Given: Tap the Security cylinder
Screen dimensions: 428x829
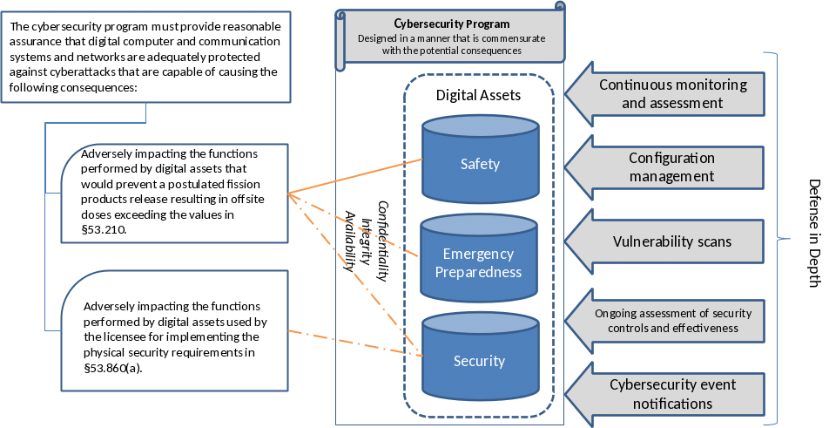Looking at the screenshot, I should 479,361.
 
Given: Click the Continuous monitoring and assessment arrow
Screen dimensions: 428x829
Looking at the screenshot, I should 667,94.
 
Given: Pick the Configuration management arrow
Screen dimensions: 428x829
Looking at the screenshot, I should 667,167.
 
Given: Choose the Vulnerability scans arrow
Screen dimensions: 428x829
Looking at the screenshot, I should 667,241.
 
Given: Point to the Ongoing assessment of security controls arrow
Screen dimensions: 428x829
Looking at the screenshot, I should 667,320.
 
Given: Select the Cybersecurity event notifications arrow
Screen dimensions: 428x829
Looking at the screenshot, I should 667,394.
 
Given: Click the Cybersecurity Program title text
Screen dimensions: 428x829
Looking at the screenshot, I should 452,24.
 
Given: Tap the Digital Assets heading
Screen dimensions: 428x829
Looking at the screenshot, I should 478,95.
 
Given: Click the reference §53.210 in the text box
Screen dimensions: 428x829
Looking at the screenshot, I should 104,229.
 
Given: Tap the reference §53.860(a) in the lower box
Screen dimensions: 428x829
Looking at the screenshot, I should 112,368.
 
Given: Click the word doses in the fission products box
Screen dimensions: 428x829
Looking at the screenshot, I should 94,214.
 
